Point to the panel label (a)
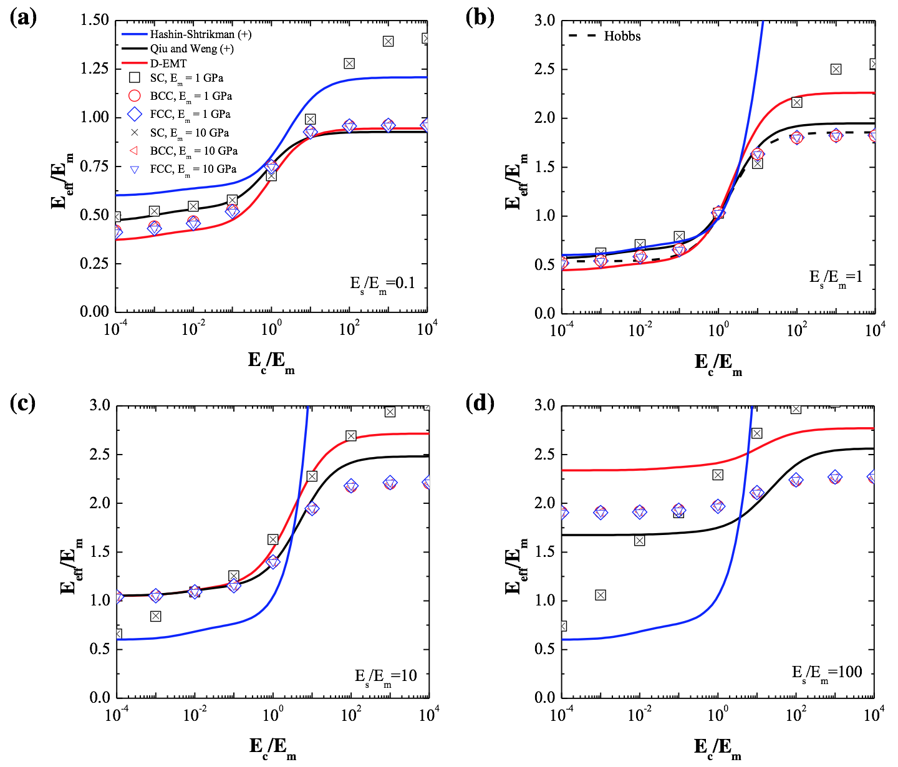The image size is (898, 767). [x=24, y=17]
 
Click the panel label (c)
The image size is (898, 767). [x=24, y=403]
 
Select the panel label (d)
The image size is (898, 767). [x=480, y=403]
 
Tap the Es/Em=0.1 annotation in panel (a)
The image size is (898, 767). [x=382, y=284]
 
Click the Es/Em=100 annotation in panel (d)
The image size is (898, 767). [x=827, y=673]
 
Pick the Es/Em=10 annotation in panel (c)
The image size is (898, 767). [x=385, y=677]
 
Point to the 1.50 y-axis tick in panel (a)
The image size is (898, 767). [x=95, y=20]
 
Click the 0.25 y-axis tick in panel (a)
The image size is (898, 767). [x=95, y=264]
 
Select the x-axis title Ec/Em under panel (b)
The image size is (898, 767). [x=718, y=362]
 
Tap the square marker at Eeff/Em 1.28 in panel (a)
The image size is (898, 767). [x=349, y=64]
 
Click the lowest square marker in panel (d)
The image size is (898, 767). [x=562, y=626]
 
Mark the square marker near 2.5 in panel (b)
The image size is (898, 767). [x=836, y=69]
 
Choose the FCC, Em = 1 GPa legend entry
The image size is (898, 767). [x=190, y=114]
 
